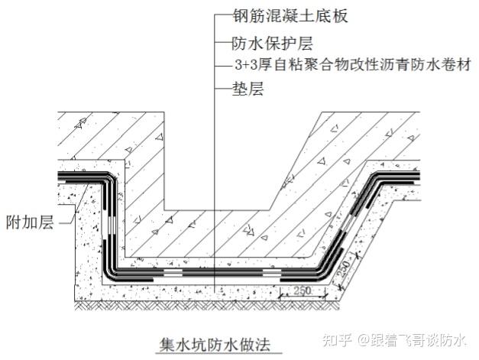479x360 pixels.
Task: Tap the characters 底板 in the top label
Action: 322,17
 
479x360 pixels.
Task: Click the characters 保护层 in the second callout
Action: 277,44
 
